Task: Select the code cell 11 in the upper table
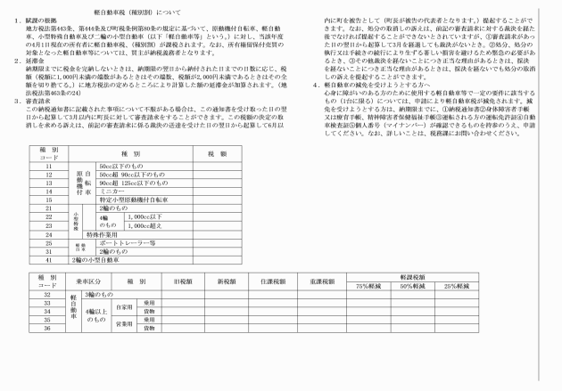49,167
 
